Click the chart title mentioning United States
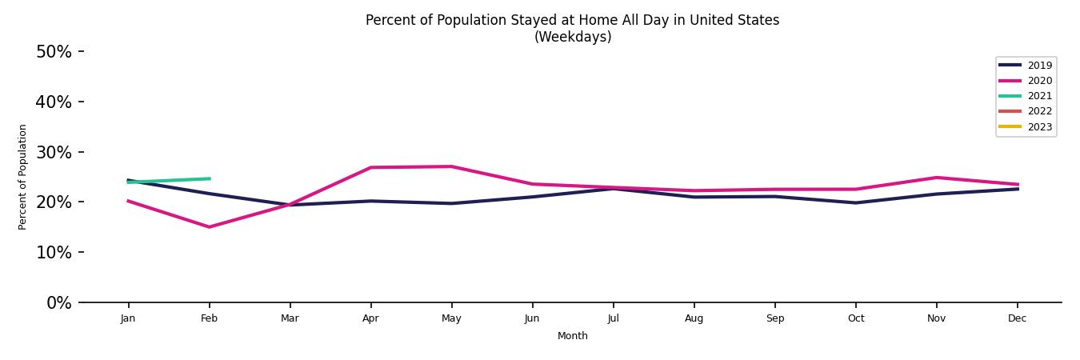tap(572, 20)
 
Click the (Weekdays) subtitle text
tap(572, 37)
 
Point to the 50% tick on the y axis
tap(54, 52)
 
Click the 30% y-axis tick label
tap(54, 152)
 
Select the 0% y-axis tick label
tap(58, 303)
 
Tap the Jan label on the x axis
tap(128, 318)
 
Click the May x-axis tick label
tap(451, 318)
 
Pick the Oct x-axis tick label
tap(855, 318)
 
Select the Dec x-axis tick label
tap(1017, 318)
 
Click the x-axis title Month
tap(572, 336)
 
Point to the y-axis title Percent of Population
tap(23, 177)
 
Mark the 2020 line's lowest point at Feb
tap(209, 227)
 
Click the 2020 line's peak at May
tap(451, 166)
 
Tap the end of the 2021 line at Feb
tap(209, 178)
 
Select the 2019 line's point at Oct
tap(855, 202)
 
